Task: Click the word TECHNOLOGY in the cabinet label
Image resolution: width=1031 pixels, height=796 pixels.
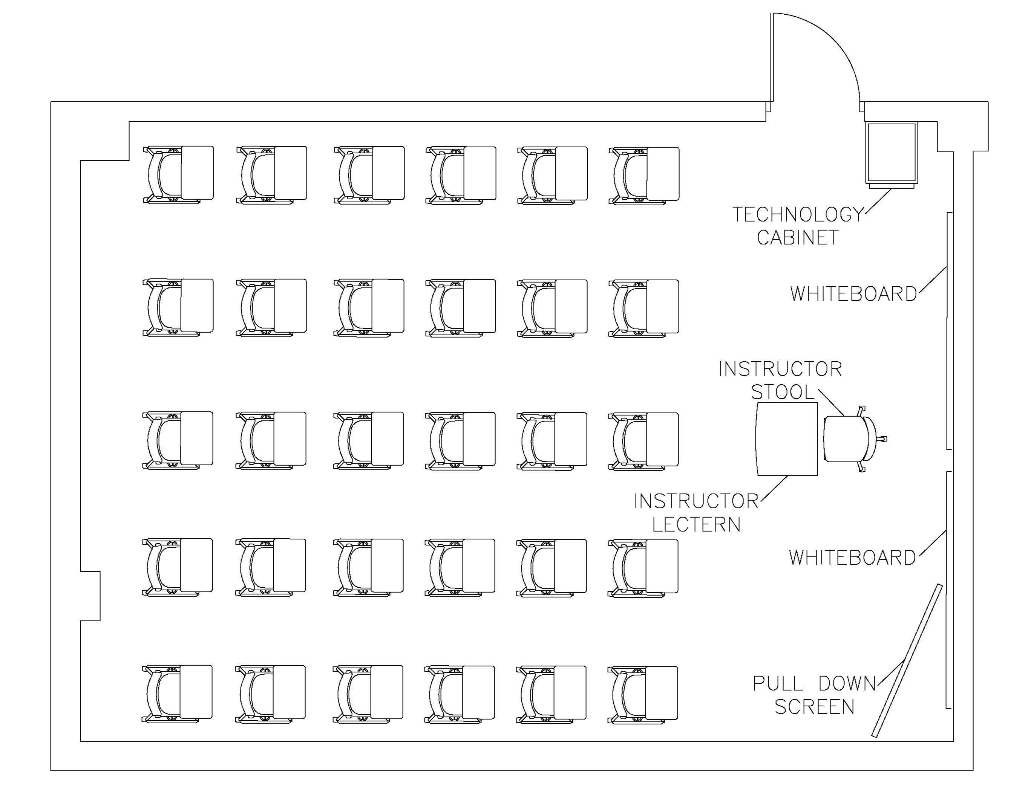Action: coord(798,215)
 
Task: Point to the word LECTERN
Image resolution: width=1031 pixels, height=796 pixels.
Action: coord(696,525)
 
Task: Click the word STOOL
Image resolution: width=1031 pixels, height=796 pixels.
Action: coord(783,392)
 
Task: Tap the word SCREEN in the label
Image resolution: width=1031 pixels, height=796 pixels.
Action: coord(814,707)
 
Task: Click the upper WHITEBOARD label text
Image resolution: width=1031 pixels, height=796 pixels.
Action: coord(853,294)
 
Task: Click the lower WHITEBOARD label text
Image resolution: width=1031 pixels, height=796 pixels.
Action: coord(852,558)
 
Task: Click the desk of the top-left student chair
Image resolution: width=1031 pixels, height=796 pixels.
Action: coord(197,173)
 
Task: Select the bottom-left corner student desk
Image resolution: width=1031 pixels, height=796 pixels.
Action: coord(196,692)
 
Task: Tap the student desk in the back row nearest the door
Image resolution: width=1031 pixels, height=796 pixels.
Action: coord(663,174)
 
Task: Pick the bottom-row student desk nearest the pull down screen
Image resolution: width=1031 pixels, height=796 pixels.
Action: coord(661,693)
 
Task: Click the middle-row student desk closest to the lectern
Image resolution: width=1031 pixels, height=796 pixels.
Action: coord(662,439)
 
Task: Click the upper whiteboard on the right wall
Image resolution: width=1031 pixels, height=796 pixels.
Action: coord(949,330)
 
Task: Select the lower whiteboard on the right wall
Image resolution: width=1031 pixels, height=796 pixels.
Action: coord(948,590)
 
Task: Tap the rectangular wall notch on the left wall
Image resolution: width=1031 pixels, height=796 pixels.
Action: coord(90,596)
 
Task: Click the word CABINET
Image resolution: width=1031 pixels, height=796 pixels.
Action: coord(798,237)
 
